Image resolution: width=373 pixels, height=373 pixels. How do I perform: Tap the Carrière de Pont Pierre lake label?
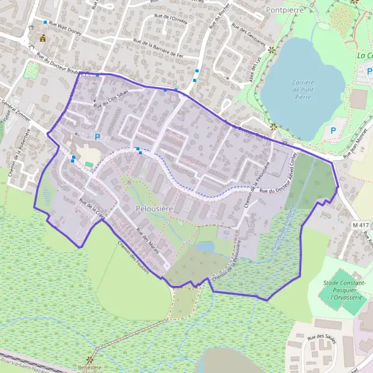pos(302,90)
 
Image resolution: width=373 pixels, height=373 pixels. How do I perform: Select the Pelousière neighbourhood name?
pos(154,210)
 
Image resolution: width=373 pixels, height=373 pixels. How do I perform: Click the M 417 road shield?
pos(360,224)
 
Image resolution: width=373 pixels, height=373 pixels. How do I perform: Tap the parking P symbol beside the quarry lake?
pos(333,131)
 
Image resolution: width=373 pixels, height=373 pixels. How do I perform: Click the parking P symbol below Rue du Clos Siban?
pos(97,136)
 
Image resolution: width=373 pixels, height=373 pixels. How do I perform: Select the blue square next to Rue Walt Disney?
pos(45,22)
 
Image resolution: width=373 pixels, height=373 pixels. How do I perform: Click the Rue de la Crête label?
pos(94,209)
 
